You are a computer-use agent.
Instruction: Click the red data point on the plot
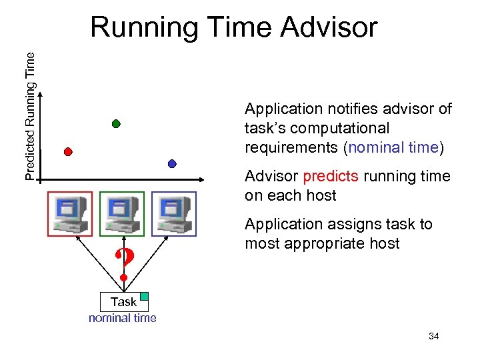pyautogui.click(x=67, y=151)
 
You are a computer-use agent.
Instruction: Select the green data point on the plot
pyautogui.click(x=116, y=123)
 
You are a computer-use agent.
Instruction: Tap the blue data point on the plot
pyautogui.click(x=172, y=163)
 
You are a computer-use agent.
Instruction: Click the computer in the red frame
pyautogui.click(x=70, y=214)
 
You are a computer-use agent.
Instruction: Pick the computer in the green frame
pyautogui.click(x=122, y=214)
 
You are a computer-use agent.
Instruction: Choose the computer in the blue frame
pyautogui.click(x=173, y=214)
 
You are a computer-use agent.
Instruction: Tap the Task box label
pyautogui.click(x=123, y=301)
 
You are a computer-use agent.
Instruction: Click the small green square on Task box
pyautogui.click(x=144, y=295)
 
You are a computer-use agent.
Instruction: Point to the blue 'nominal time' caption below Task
pyautogui.click(x=123, y=318)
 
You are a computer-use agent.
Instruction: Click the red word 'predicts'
pyautogui.click(x=331, y=177)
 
